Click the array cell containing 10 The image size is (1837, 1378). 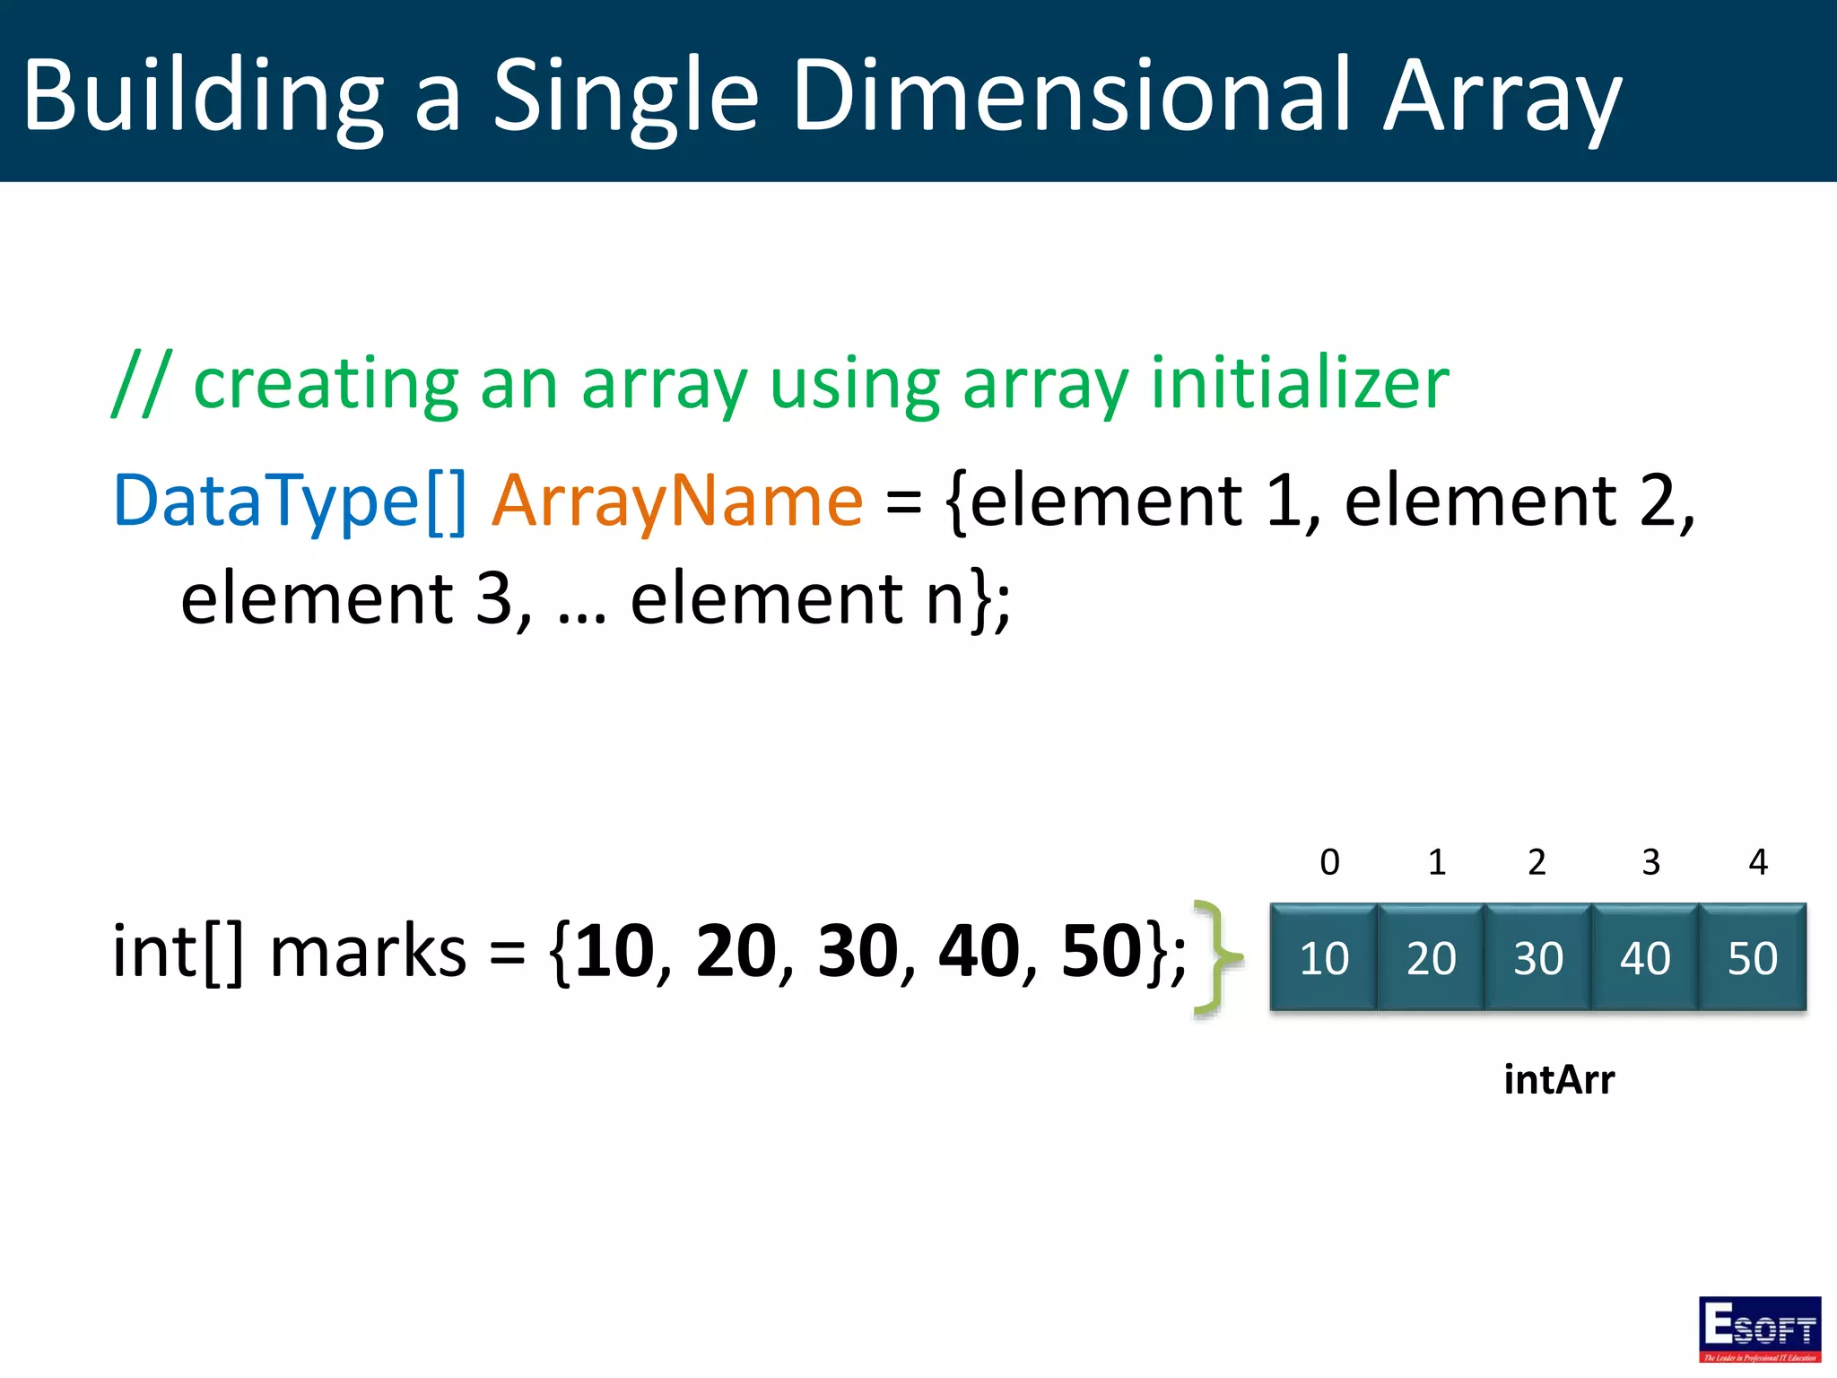(1324, 957)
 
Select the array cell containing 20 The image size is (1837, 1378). (1431, 957)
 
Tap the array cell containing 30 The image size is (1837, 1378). (1538, 957)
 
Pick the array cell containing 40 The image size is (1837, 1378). (1645, 957)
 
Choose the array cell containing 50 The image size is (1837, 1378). (1753, 957)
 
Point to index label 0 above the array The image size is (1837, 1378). (1330, 862)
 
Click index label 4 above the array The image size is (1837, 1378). (1758, 862)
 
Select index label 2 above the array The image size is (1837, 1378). (1537, 862)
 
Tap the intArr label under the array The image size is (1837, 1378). (1559, 1079)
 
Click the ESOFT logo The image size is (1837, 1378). (1760, 1329)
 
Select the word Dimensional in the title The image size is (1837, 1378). (1071, 95)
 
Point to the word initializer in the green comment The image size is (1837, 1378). (1300, 383)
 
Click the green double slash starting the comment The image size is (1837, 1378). (141, 383)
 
